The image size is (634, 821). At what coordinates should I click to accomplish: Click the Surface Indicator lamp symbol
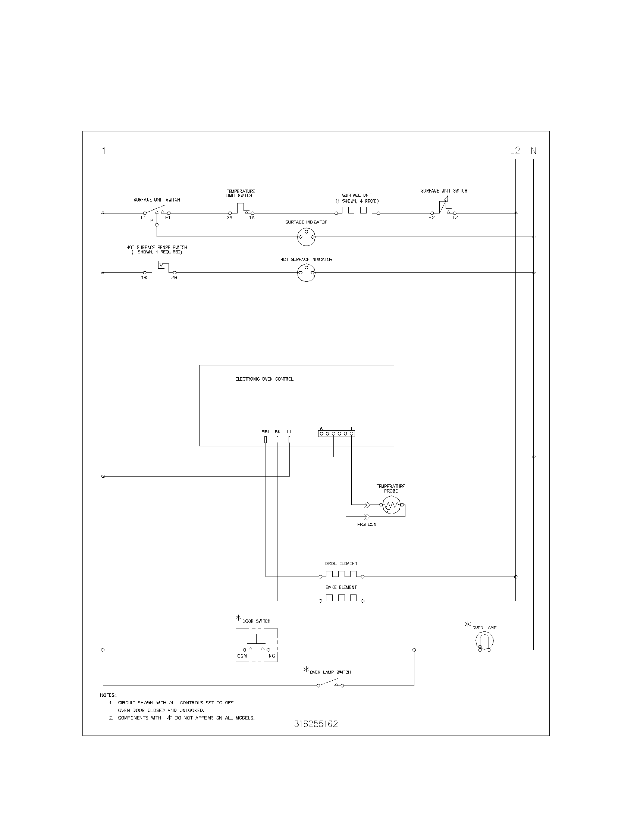[x=306, y=237]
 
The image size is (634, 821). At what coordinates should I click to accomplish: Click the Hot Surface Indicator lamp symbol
[x=306, y=273]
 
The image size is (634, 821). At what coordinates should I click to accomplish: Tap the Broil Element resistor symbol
[x=341, y=575]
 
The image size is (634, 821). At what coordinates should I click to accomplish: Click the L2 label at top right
[x=515, y=150]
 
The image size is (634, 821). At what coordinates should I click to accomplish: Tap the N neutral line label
[x=534, y=151]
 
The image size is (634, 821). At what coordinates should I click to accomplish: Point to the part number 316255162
[x=316, y=724]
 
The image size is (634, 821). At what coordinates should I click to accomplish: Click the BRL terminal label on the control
[x=266, y=432]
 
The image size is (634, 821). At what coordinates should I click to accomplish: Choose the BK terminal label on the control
[x=277, y=432]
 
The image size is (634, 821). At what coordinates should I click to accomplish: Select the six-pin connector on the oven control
[x=336, y=433]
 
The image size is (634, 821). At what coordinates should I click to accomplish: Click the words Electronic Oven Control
[x=264, y=379]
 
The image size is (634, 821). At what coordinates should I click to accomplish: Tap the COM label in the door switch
[x=242, y=656]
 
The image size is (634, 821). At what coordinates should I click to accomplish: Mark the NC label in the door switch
[x=272, y=656]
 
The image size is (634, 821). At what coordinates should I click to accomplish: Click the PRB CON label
[x=367, y=524]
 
